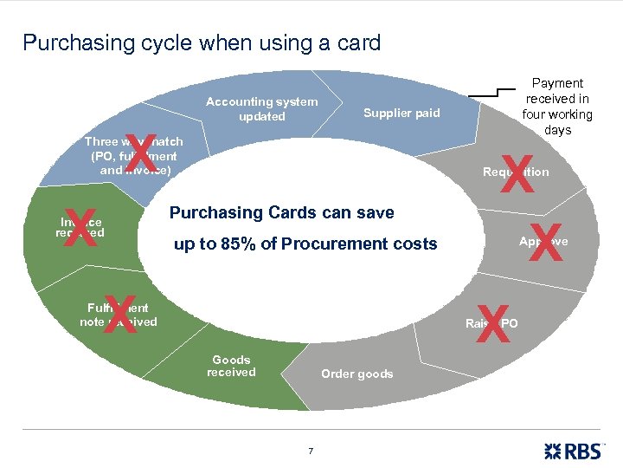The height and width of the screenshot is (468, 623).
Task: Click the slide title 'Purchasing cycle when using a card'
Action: point(202,42)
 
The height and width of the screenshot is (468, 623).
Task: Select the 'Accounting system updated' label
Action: point(261,109)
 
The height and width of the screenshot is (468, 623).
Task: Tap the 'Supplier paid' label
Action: point(401,113)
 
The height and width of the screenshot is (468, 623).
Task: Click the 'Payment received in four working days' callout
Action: point(557,107)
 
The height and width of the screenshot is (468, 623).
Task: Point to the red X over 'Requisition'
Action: point(517,172)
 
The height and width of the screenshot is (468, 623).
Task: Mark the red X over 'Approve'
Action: point(545,242)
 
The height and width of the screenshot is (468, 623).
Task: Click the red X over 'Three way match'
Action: point(140,154)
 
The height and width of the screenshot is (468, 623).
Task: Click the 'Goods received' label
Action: point(231,366)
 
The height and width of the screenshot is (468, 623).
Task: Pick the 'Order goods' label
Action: point(356,374)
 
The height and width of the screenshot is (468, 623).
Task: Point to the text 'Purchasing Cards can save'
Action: point(281,212)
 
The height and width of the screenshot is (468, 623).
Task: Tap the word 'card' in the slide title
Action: point(360,42)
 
